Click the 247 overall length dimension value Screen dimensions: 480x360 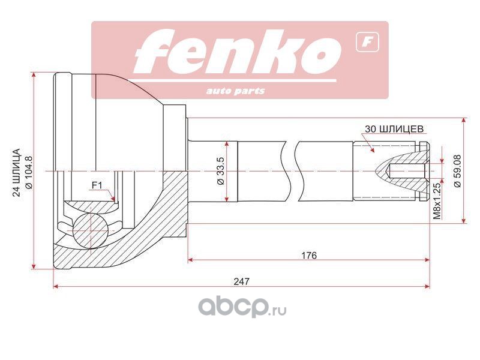(x=242, y=281)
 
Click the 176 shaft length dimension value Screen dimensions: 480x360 (x=309, y=255)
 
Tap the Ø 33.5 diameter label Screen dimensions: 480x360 (x=221, y=171)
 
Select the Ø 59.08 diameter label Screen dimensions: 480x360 (x=457, y=171)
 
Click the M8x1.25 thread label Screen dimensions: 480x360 (x=437, y=201)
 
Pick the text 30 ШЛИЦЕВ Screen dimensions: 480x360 (x=394, y=129)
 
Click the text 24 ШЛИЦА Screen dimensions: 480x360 (x=16, y=172)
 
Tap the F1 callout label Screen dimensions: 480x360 (x=97, y=185)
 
